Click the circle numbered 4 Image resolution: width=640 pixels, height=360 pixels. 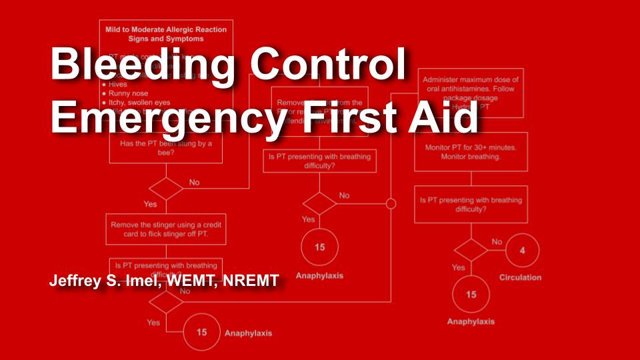coord(522,251)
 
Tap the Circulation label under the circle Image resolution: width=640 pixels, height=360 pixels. coord(520,277)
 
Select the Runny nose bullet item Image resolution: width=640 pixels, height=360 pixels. coord(129,94)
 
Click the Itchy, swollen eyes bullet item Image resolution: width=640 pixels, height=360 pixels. coord(137,103)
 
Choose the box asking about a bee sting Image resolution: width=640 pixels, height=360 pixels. coord(165,147)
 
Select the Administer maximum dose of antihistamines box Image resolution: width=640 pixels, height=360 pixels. coord(471,92)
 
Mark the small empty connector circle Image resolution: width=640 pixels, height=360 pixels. coord(391,204)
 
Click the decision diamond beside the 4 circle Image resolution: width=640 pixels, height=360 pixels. coord(471,251)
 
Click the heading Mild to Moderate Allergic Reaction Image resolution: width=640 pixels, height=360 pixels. coord(165,29)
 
